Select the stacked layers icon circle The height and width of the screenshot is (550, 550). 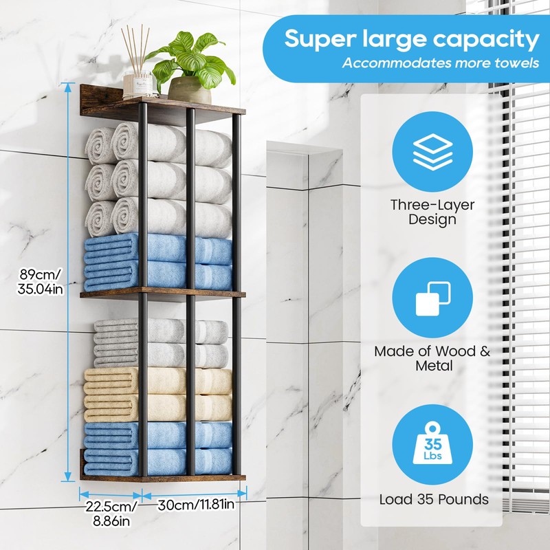pos(432,152)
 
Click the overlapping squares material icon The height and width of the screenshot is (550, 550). pos(432,296)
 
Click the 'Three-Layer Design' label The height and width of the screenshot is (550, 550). pos(432,212)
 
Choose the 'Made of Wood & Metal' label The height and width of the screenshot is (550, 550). pos(432,358)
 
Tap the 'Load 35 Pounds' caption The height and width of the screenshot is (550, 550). pos(434,499)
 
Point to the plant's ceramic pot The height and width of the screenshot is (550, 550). pos(189,90)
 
